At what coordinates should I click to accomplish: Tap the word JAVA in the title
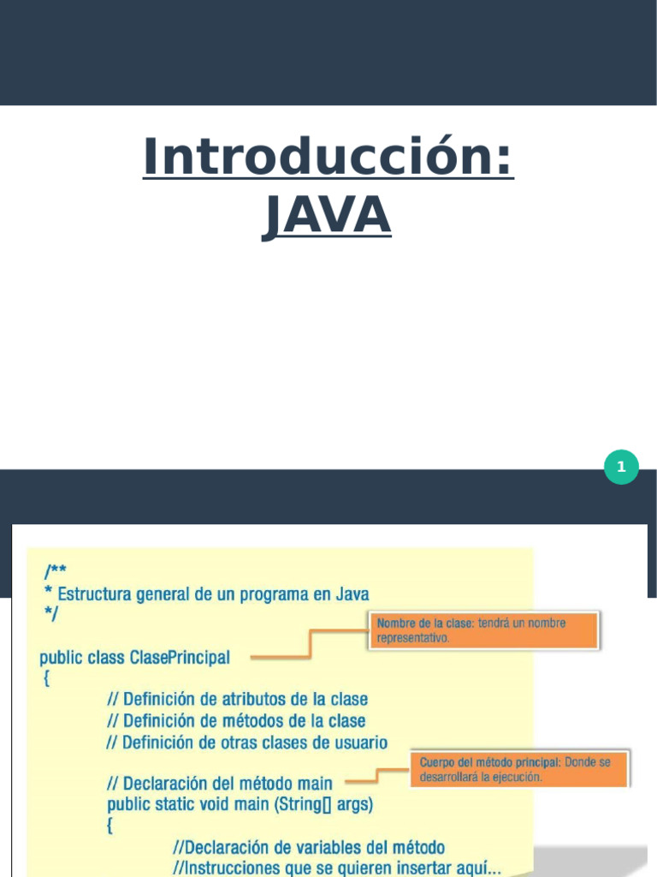coord(327,216)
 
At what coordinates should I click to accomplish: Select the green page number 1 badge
coord(621,467)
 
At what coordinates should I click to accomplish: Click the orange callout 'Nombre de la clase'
coord(485,630)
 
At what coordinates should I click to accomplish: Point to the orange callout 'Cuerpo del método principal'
coord(520,769)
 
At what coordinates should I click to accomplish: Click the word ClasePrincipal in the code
coord(180,658)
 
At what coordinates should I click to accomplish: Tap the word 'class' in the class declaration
coord(106,658)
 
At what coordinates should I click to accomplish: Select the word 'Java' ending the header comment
coord(352,594)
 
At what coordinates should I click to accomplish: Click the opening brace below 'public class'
coord(45,679)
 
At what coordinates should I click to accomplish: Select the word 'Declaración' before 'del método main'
coord(167,784)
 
